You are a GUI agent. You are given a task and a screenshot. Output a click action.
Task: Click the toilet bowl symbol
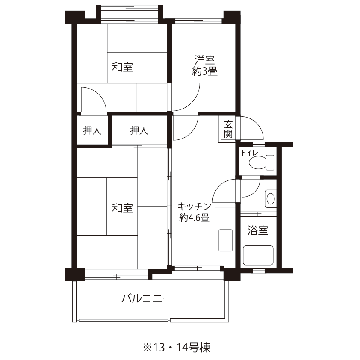(262, 162)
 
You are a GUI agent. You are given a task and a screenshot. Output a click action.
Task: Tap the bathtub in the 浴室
(258, 256)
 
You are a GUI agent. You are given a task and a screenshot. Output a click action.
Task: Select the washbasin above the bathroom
(271, 198)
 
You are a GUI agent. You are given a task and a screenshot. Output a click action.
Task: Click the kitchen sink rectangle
(226, 240)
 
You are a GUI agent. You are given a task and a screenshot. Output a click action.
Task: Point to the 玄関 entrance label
(228, 129)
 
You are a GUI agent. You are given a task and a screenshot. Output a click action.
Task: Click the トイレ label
(249, 153)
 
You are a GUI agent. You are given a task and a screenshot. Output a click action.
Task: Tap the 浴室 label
(258, 230)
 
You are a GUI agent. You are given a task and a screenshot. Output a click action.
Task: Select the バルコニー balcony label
(147, 298)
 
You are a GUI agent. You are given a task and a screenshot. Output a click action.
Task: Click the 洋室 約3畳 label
(205, 65)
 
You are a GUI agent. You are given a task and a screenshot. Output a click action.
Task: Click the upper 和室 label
(123, 67)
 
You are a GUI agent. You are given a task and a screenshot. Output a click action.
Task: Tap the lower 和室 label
(123, 208)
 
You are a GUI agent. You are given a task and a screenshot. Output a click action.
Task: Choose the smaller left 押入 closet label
(92, 130)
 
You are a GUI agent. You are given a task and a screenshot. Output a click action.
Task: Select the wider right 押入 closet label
(139, 130)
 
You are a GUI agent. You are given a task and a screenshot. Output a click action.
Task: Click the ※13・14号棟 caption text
(176, 347)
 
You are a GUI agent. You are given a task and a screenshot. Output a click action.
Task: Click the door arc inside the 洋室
(192, 104)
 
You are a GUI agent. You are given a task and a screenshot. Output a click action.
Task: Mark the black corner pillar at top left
(75, 17)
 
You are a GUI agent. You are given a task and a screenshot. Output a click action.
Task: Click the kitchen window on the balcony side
(198, 268)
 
